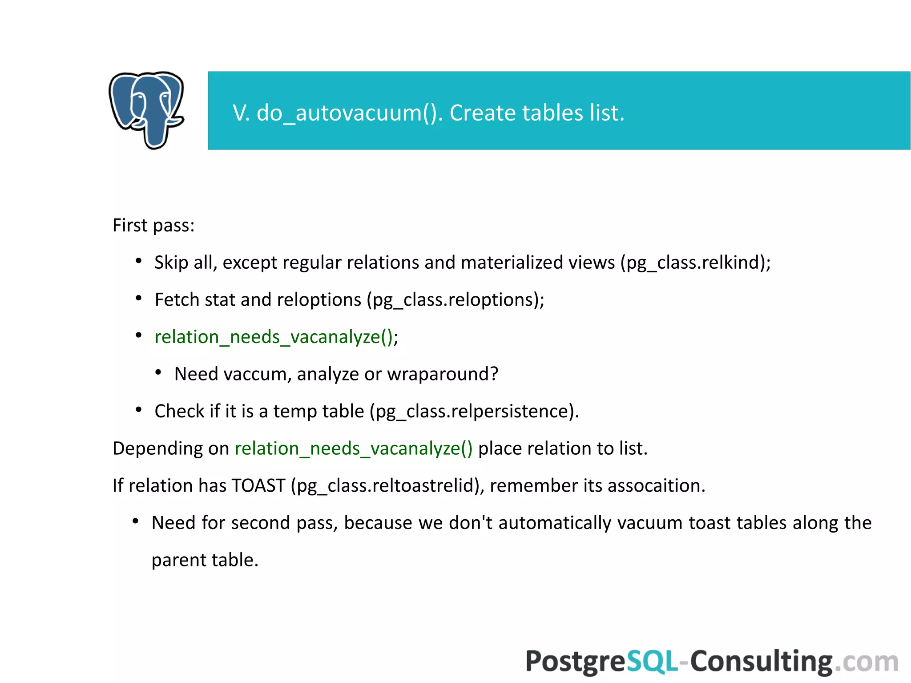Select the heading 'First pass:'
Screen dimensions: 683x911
(153, 226)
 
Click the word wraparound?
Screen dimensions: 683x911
(442, 374)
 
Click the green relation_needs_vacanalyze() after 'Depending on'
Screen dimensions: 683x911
(354, 449)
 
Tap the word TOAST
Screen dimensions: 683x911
(258, 485)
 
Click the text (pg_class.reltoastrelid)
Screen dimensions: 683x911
(387, 485)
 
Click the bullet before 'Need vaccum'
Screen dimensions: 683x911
(158, 373)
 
